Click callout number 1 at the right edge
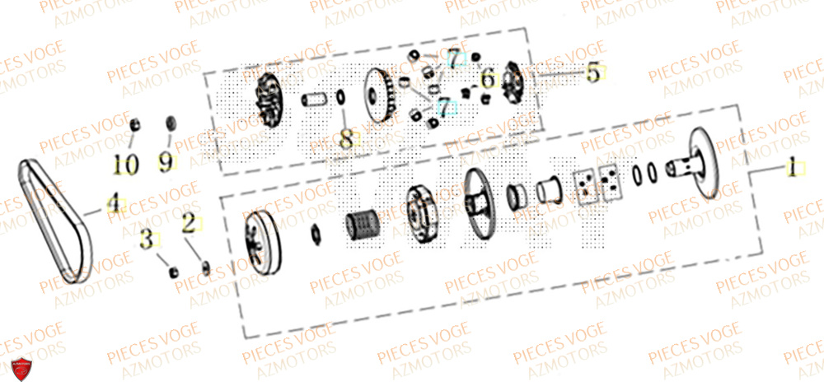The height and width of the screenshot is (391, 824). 791,170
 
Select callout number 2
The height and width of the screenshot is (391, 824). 189,222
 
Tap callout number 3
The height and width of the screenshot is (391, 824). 147,241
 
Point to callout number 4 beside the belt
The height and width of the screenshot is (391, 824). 112,202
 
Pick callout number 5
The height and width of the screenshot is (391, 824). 592,73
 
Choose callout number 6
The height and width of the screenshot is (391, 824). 487,80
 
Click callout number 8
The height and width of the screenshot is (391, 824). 346,138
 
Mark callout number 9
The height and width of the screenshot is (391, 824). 166,162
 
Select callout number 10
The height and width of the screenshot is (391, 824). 126,165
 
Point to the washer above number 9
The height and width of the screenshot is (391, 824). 171,123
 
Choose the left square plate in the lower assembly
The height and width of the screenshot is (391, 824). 586,185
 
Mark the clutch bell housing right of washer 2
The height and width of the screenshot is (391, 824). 257,239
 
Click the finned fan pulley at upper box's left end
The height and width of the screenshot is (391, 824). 269,100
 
